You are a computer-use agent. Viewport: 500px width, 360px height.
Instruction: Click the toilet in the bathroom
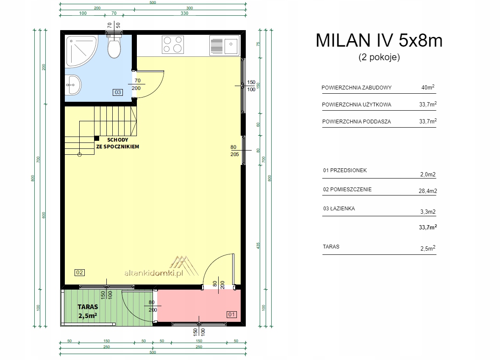click(x=114, y=46)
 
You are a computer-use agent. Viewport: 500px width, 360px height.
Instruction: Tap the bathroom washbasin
click(x=73, y=85)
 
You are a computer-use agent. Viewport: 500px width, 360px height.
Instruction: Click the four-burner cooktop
click(x=173, y=45)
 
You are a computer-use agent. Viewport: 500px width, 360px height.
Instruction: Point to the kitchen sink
click(x=225, y=45)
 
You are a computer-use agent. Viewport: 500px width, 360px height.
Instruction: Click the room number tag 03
click(x=118, y=92)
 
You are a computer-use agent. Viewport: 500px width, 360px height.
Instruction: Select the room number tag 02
click(x=79, y=272)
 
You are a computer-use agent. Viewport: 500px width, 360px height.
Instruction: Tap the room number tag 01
click(x=231, y=314)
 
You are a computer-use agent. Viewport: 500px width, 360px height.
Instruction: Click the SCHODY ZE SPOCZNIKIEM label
click(x=118, y=143)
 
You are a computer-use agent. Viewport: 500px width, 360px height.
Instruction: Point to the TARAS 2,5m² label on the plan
click(x=88, y=311)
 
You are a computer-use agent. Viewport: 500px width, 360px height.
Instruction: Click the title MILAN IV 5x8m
click(x=379, y=41)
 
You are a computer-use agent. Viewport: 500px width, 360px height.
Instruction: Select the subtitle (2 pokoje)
click(x=379, y=57)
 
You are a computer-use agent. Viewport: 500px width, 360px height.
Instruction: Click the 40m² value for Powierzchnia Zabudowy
click(x=428, y=87)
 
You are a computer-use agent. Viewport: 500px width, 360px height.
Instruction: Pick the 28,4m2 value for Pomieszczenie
click(x=428, y=191)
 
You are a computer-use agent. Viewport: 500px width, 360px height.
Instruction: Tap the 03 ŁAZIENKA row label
click(x=339, y=208)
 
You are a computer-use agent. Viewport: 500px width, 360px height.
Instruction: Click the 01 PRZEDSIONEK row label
click(x=345, y=170)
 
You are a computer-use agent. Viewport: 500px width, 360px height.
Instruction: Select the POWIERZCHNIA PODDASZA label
click(x=356, y=121)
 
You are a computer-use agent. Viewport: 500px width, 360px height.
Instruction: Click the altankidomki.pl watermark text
click(x=153, y=273)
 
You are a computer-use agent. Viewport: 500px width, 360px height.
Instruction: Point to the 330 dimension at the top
click(x=184, y=13)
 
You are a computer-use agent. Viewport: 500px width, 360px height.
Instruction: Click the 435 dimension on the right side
click(x=258, y=246)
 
